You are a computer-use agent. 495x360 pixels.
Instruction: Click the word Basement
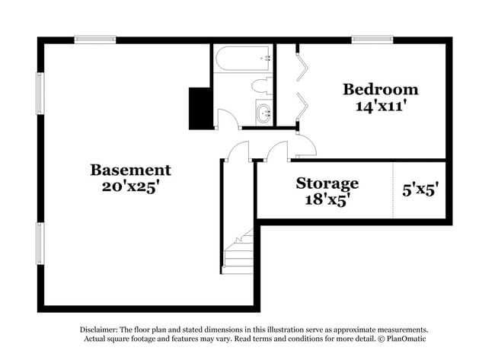point(130,170)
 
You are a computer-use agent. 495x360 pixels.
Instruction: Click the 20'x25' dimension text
point(129,186)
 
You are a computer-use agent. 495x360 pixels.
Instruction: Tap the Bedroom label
point(381,89)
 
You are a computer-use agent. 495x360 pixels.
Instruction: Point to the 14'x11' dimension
point(380,106)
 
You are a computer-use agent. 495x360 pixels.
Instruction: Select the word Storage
point(327,183)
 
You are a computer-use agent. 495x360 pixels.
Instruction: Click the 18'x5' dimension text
point(327,199)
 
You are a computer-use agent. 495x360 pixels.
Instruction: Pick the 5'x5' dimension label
point(420,190)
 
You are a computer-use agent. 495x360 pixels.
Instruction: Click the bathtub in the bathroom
point(243,59)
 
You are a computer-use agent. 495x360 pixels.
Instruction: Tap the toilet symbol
point(262,85)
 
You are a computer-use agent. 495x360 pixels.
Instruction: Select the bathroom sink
point(264,113)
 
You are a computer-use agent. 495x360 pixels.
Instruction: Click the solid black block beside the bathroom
point(200,109)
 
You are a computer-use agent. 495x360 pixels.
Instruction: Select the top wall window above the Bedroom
point(372,40)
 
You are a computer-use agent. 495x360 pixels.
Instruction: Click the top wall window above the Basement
point(95,40)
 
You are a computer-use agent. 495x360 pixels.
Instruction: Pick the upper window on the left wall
point(40,94)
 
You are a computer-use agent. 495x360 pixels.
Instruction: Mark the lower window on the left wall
point(40,244)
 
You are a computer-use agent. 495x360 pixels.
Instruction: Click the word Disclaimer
point(99,330)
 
